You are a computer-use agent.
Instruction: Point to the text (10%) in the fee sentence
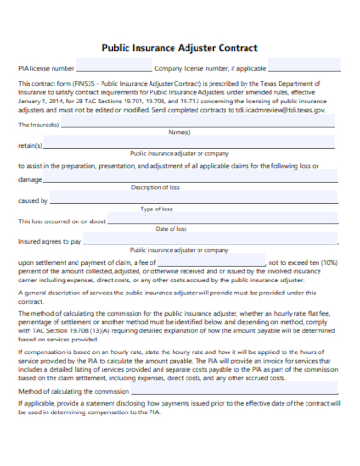point(329,262)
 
